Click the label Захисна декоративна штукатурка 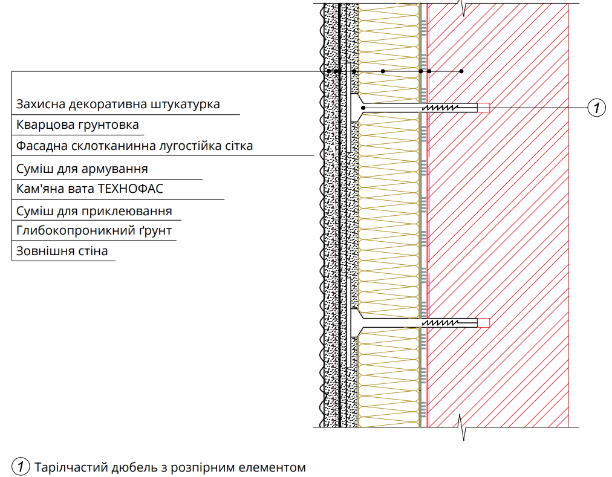[118, 105]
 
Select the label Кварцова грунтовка [77, 125]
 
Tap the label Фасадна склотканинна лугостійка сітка [134, 146]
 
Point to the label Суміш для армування [82, 169]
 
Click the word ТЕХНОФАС [131, 189]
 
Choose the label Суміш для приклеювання [94, 212]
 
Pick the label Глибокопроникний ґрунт [94, 231]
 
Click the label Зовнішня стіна [62, 251]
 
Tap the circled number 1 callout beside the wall [596, 108]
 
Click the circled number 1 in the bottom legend [21, 467]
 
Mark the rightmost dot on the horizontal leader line [461, 71]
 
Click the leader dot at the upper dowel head [363, 108]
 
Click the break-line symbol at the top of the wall [463, 8]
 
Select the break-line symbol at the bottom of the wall [462, 427]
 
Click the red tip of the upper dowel [484, 108]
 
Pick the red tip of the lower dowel [484, 323]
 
